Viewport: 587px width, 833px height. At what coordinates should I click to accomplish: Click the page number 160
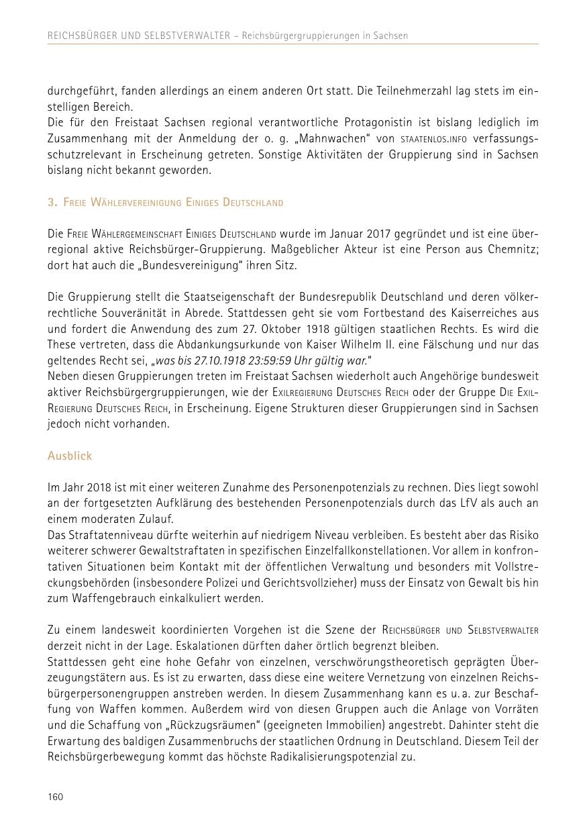[x=55, y=797]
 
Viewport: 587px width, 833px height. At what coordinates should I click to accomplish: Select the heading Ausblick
[x=70, y=456]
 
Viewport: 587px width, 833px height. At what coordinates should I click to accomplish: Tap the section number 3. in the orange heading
[x=52, y=202]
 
